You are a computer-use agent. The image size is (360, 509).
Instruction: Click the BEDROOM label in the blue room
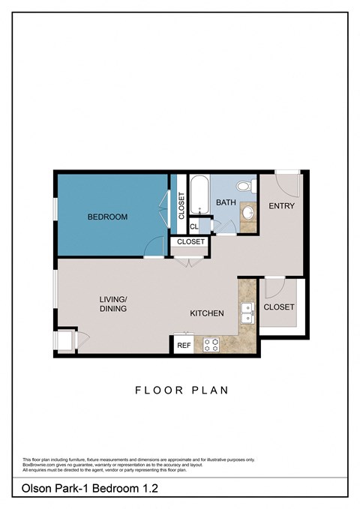click(x=107, y=217)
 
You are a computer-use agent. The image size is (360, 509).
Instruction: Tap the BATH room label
click(x=226, y=202)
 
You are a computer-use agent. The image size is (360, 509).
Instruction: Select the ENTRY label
click(x=281, y=206)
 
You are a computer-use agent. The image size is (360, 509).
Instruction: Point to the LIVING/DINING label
click(x=112, y=304)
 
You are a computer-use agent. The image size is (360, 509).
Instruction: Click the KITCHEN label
click(x=206, y=313)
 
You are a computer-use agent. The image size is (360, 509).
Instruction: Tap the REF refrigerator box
click(x=183, y=346)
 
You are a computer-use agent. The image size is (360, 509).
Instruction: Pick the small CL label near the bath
click(x=193, y=226)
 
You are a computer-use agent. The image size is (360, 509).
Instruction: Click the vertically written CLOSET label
click(x=181, y=205)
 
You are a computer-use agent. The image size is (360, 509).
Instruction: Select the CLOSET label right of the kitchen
click(x=279, y=307)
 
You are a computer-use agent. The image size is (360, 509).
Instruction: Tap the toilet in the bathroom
click(x=244, y=187)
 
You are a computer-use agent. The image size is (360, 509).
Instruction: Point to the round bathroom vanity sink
click(x=248, y=213)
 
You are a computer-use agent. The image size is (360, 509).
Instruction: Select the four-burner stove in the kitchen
click(x=211, y=344)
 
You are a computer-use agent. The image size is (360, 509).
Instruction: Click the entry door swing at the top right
click(x=287, y=181)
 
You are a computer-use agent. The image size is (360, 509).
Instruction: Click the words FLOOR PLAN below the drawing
click(x=181, y=390)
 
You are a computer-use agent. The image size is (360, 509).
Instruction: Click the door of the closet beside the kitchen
click(x=274, y=286)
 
